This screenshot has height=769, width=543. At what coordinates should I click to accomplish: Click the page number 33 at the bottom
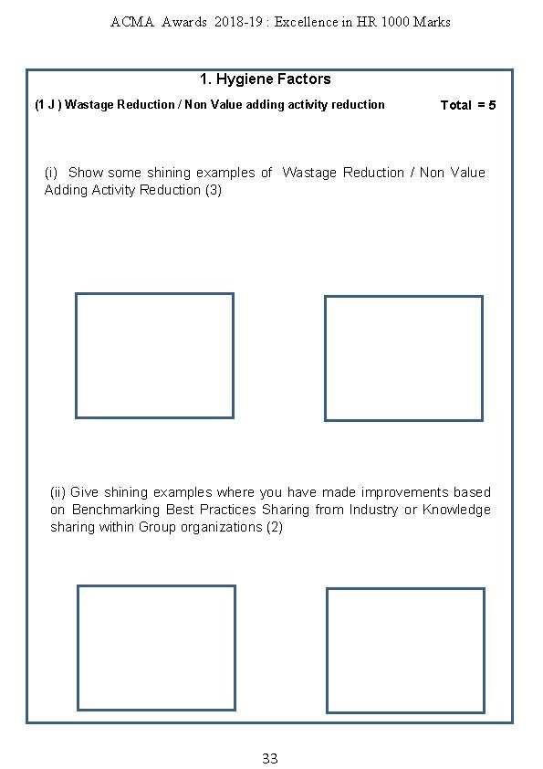click(270, 758)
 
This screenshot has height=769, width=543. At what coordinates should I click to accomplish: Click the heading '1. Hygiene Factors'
click(266, 79)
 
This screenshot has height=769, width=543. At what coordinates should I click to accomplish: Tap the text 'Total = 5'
click(468, 105)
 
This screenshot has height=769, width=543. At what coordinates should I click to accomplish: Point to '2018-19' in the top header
click(238, 22)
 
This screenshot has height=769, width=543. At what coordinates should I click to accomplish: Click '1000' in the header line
click(395, 22)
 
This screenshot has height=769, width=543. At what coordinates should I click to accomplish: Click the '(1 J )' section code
click(48, 104)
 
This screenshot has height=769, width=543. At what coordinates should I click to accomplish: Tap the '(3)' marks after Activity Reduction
click(214, 190)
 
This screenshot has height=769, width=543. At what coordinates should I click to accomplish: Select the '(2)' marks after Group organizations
click(275, 527)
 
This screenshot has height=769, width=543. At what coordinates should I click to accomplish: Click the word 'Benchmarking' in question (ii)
click(116, 510)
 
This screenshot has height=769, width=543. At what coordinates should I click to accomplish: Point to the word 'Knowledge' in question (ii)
click(456, 510)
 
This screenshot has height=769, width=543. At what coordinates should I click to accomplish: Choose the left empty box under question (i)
click(76, 355)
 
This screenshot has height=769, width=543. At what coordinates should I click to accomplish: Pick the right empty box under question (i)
click(325, 359)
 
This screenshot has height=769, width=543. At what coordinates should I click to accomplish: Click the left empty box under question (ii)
click(78, 648)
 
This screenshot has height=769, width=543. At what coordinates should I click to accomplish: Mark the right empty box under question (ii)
click(327, 650)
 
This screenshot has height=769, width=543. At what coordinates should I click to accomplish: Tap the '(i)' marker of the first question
click(51, 173)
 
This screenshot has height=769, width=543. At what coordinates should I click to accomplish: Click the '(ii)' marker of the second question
click(57, 492)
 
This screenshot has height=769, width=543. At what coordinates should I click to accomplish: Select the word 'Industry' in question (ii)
click(373, 510)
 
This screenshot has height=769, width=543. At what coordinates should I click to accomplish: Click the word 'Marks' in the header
click(432, 22)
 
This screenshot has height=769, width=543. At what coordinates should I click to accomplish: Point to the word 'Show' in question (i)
click(85, 173)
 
